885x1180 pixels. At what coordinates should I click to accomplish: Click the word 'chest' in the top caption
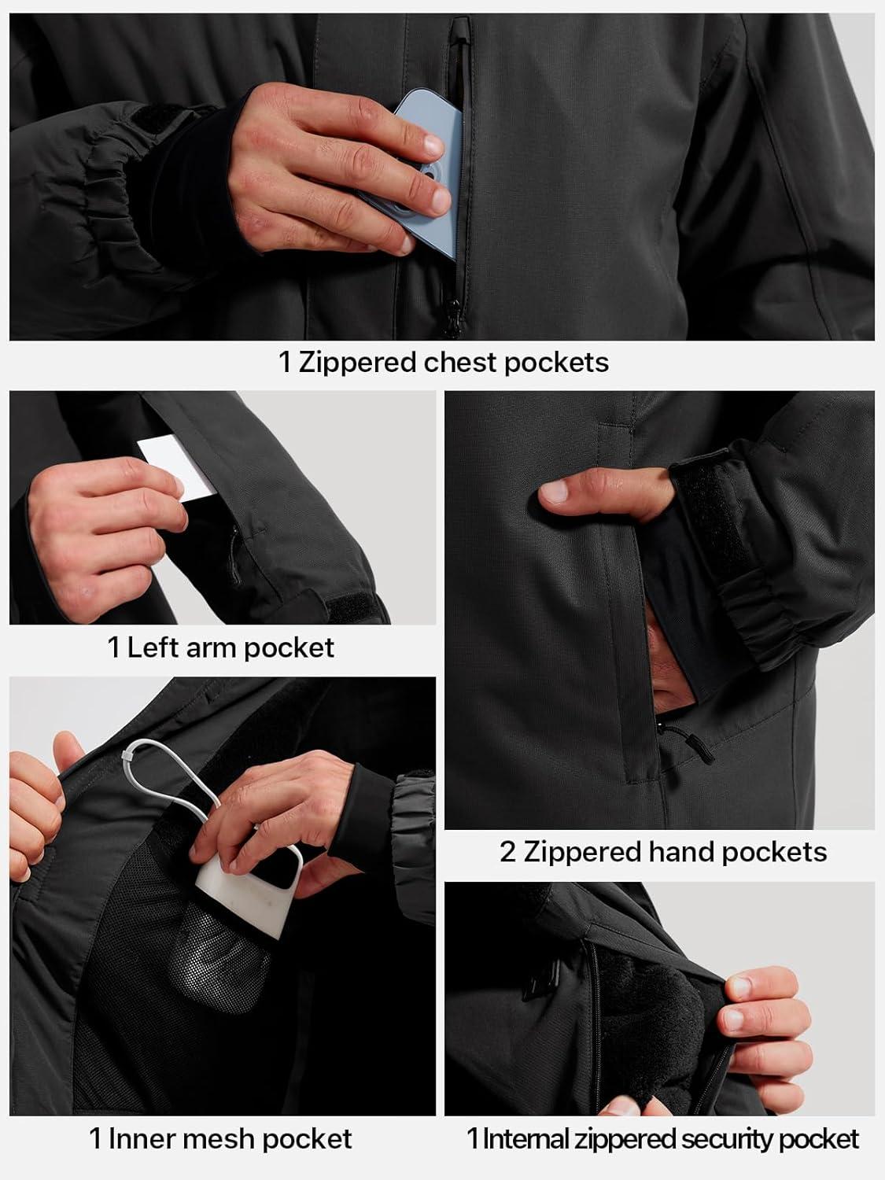click(x=460, y=362)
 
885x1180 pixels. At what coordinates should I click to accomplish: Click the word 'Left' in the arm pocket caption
click(x=152, y=647)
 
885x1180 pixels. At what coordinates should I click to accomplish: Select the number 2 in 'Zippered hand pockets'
click(x=507, y=852)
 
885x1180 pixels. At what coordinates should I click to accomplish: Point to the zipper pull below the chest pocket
click(x=452, y=317)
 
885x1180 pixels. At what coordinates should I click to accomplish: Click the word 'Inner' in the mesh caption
click(x=144, y=1139)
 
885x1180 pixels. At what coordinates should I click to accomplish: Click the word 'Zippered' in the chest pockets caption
click(x=357, y=363)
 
